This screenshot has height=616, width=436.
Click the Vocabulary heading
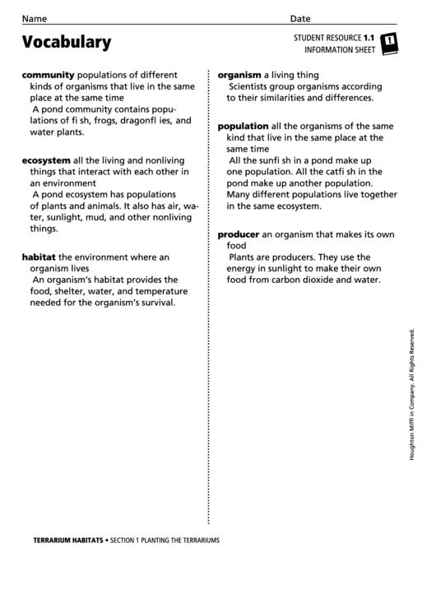point(66,41)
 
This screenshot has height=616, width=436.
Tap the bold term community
point(48,73)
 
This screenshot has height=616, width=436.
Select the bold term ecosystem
point(46,160)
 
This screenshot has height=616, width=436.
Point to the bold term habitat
point(39,256)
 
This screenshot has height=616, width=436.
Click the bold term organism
point(239,74)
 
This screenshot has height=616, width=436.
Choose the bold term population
point(243,126)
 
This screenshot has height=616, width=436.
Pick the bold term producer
point(239,234)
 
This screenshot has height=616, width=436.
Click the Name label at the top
point(35,19)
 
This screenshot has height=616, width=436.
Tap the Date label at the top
point(300,19)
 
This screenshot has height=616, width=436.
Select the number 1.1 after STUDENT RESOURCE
point(369,38)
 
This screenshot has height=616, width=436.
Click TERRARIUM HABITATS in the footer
point(67,540)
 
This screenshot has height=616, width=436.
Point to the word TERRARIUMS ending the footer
point(197,540)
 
